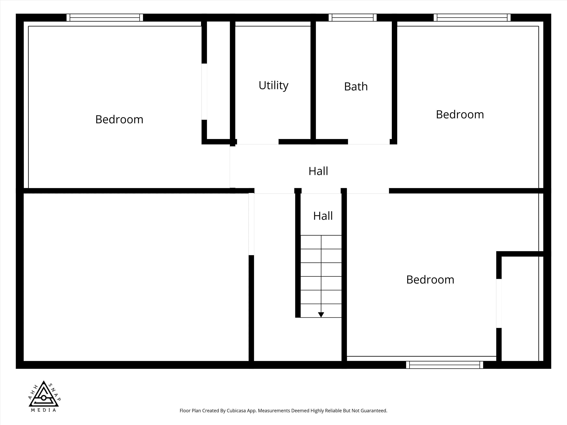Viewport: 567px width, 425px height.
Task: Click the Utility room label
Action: pyautogui.click(x=273, y=85)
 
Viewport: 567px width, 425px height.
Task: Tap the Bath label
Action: pyautogui.click(x=356, y=87)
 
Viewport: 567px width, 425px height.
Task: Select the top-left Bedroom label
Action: pyautogui.click(x=119, y=119)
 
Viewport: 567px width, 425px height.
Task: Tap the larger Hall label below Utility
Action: pyautogui.click(x=318, y=171)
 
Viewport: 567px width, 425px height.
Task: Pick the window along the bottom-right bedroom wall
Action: pyautogui.click(x=444, y=365)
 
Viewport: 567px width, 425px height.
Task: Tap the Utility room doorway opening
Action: pyautogui.click(x=258, y=142)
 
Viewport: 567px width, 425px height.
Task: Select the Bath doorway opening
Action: pyautogui.click(x=369, y=142)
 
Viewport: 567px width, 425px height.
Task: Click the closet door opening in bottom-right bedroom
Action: pyautogui.click(x=499, y=303)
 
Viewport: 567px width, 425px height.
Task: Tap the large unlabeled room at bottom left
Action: pyautogui.click(x=136, y=277)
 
